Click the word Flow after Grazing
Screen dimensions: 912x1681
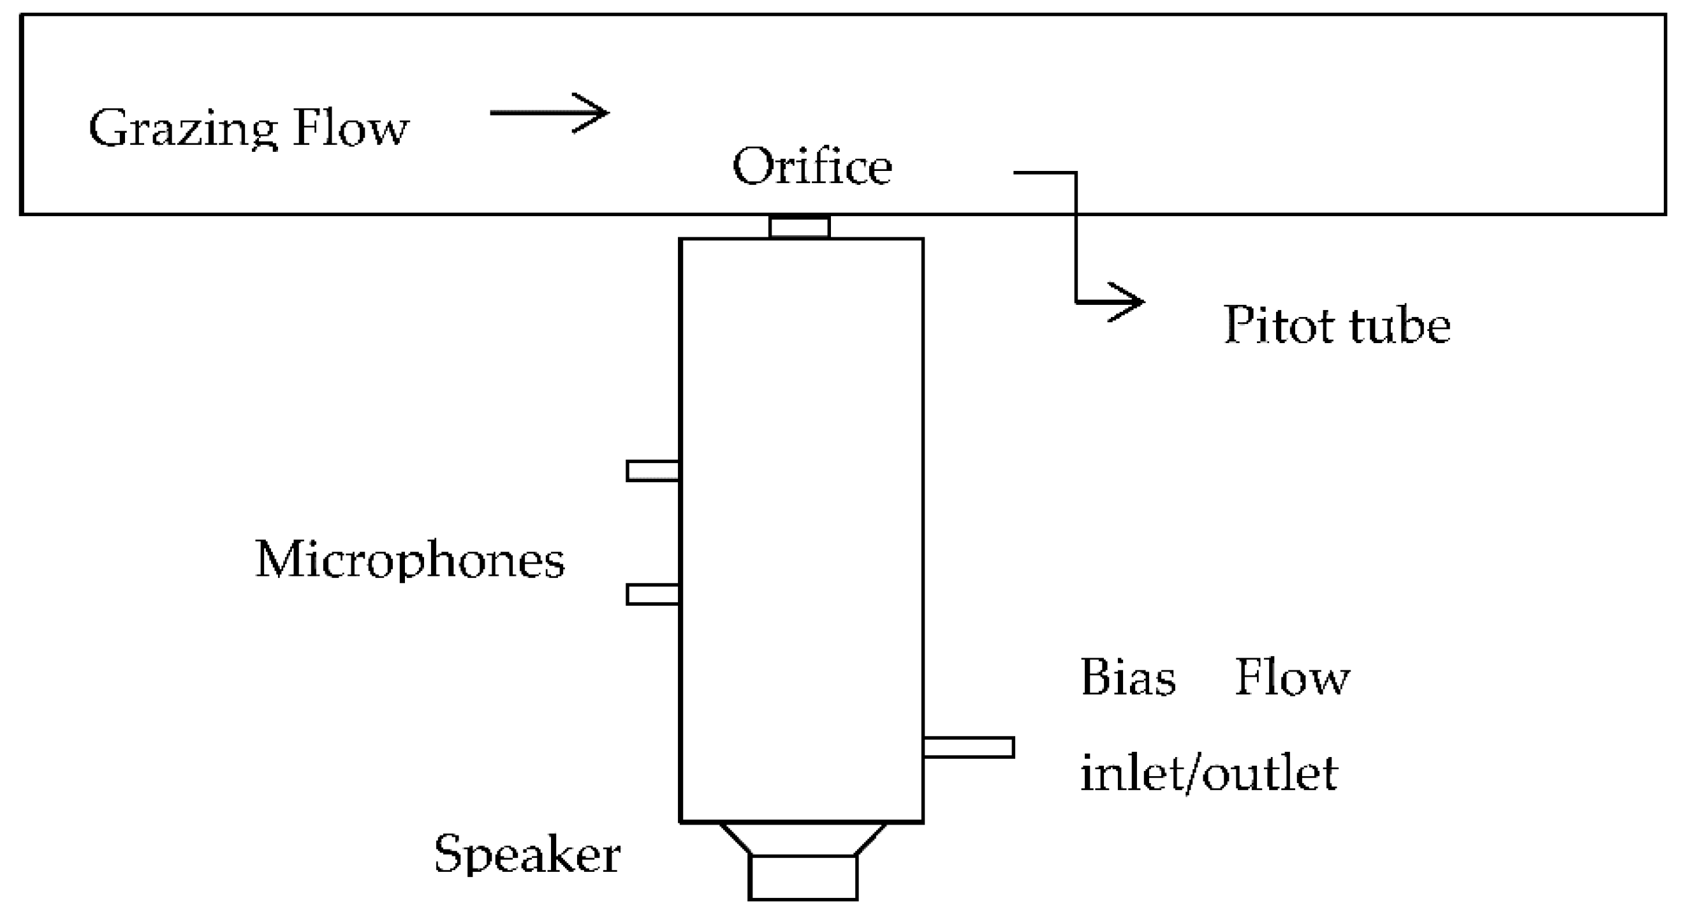pos(351,128)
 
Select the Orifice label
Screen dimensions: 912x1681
pos(812,167)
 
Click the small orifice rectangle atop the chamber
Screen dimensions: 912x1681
pos(800,227)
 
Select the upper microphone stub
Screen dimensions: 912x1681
pos(652,471)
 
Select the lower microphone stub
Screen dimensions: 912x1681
pos(652,594)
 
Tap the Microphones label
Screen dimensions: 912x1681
pos(410,561)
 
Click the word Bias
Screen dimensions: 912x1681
pos(1127,678)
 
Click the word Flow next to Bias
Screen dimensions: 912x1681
pos(1292,678)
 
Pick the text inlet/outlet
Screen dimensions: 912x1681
pos(1208,774)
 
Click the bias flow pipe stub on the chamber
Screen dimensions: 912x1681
pos(969,747)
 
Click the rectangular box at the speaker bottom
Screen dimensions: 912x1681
pos(803,878)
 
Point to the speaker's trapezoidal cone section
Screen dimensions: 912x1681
pos(803,839)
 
